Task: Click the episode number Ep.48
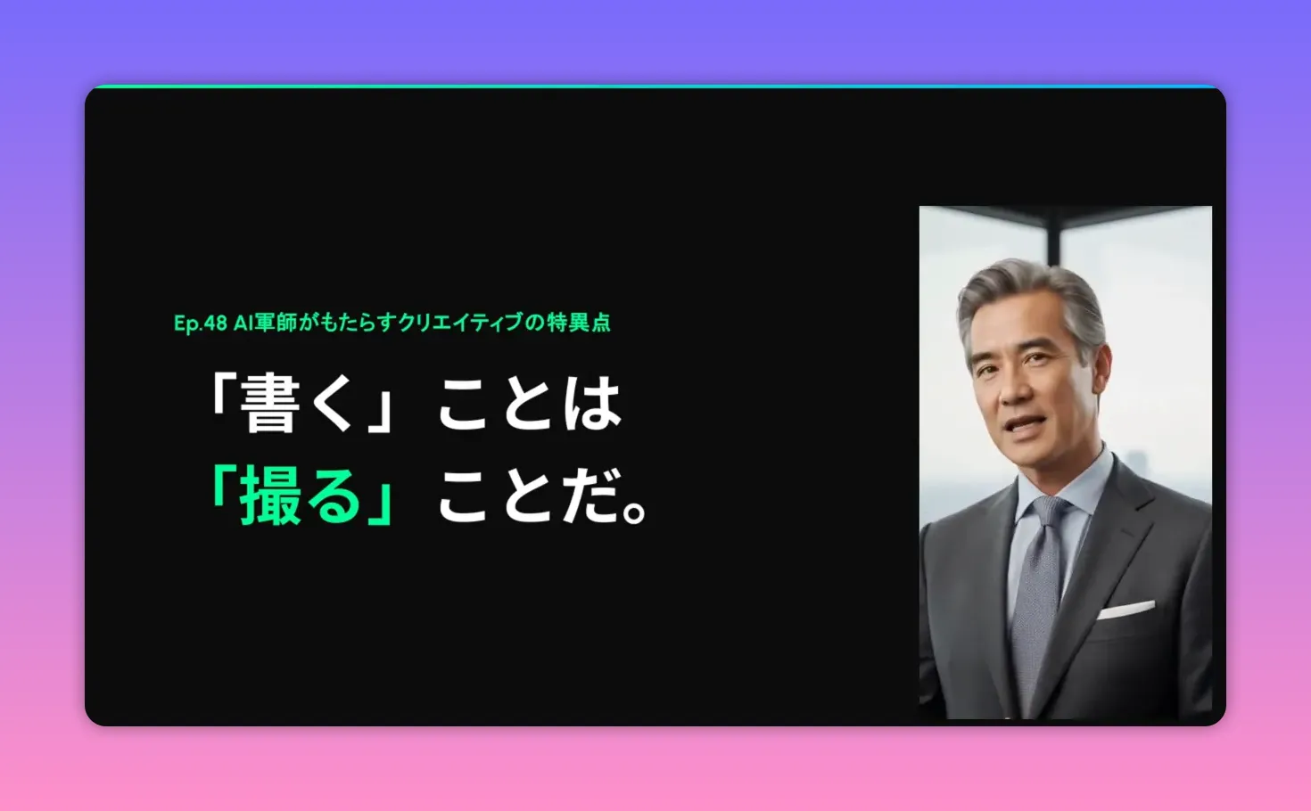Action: coord(200,323)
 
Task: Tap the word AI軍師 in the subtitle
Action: coord(265,323)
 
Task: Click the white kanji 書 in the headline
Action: coord(268,403)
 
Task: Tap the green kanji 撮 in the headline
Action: coord(268,496)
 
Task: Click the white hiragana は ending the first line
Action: coord(591,403)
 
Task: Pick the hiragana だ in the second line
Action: coord(591,496)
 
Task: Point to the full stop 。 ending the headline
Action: coord(636,510)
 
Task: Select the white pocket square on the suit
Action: coord(1125,610)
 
